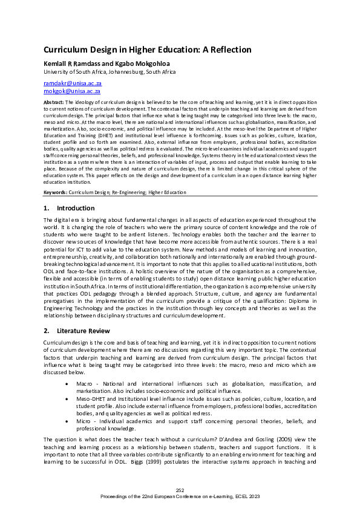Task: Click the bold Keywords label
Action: click(x=55, y=192)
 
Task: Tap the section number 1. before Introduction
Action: click(x=47, y=208)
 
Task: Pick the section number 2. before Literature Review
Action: click(x=47, y=331)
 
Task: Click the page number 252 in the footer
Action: click(x=180, y=490)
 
